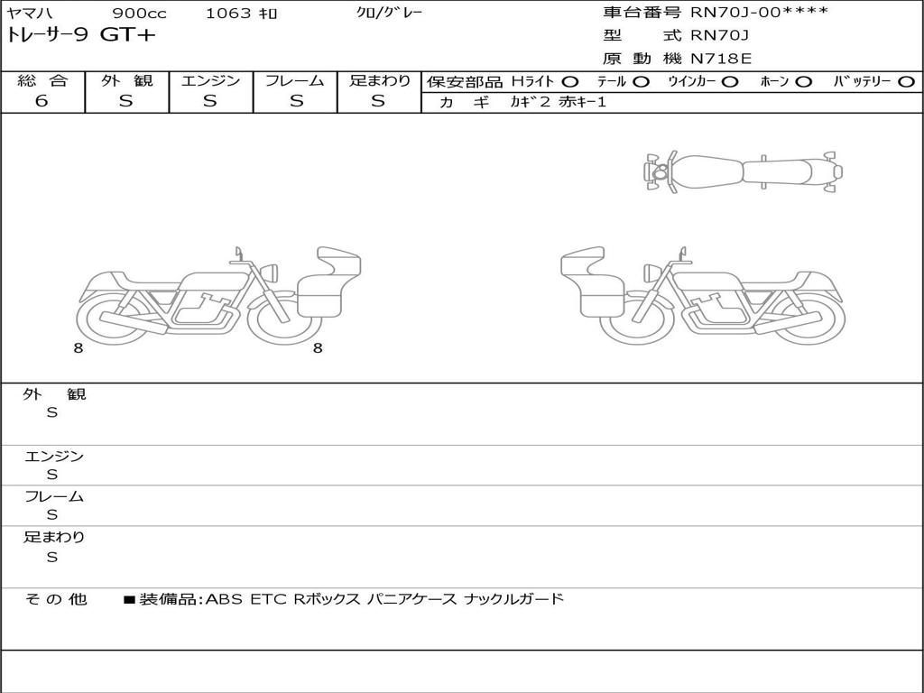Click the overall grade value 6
click(x=42, y=100)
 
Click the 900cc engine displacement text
click(x=140, y=13)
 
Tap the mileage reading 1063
click(x=228, y=13)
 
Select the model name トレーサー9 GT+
click(x=80, y=35)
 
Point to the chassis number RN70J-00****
click(x=759, y=12)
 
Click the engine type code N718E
click(x=721, y=59)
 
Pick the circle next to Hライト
click(x=570, y=81)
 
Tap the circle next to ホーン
click(x=803, y=81)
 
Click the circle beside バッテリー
click(x=906, y=81)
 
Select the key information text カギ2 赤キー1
click(x=558, y=102)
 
